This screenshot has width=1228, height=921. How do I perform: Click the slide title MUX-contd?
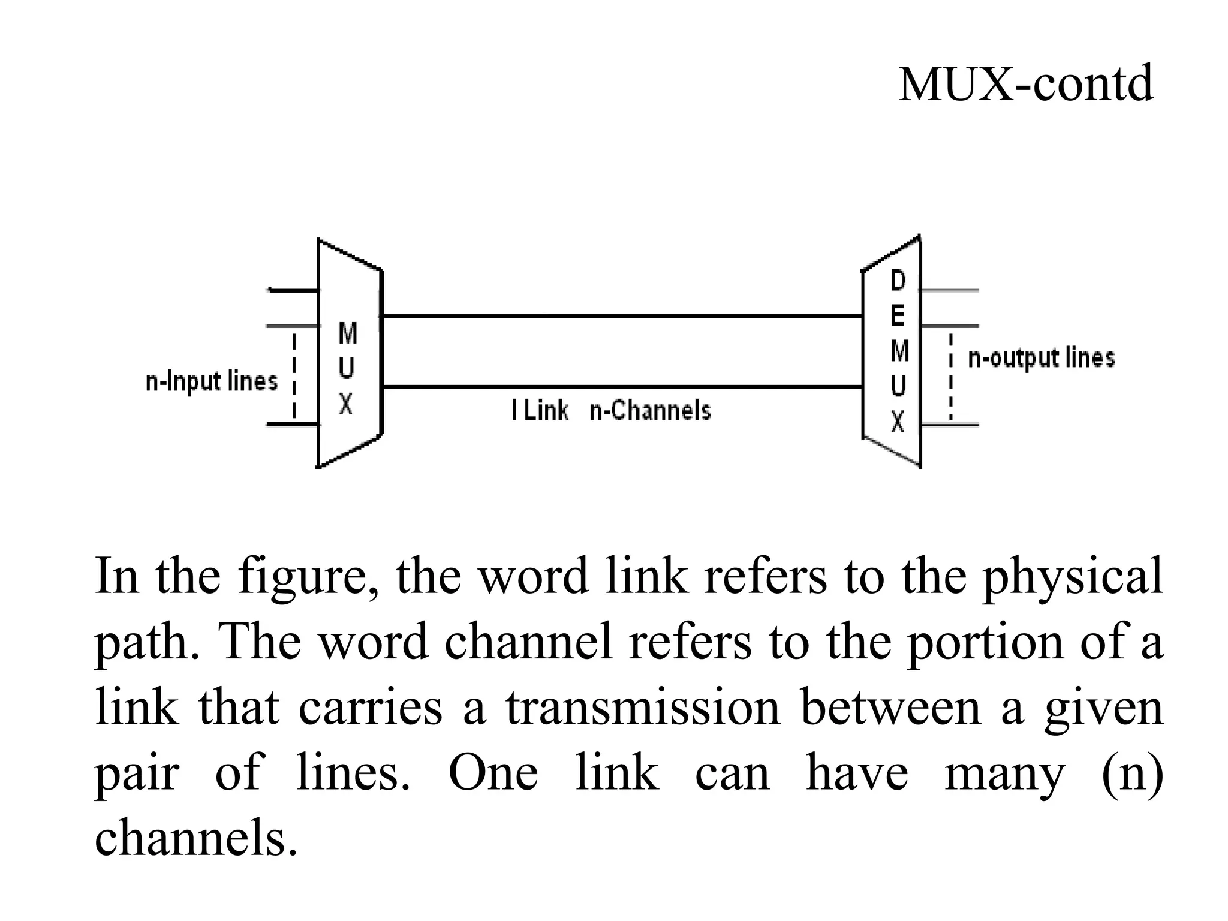coord(1025,85)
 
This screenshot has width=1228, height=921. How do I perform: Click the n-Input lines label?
coord(212,381)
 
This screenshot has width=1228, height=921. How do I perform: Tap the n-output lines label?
coord(1042,358)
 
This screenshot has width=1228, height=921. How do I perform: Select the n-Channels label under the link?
coord(650,411)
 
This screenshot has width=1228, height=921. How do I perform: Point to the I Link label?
coord(540,411)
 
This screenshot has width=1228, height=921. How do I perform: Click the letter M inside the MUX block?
coord(348,333)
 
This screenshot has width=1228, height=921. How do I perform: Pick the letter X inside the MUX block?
coord(346,405)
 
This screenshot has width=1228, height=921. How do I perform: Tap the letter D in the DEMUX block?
coord(898,281)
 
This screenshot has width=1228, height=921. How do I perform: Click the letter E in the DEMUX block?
coord(898,315)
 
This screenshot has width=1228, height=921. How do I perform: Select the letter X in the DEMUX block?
coord(898,422)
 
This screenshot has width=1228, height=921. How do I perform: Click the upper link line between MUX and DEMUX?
coord(622,315)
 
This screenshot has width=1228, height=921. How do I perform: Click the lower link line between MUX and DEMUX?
coord(622,387)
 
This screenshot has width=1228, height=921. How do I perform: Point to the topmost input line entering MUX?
coord(293,291)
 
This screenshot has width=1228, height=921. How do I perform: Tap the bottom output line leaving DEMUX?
coord(949,425)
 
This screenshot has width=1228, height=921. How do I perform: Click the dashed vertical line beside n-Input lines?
coord(294,375)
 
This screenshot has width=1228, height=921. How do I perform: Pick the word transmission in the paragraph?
coord(643,708)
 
